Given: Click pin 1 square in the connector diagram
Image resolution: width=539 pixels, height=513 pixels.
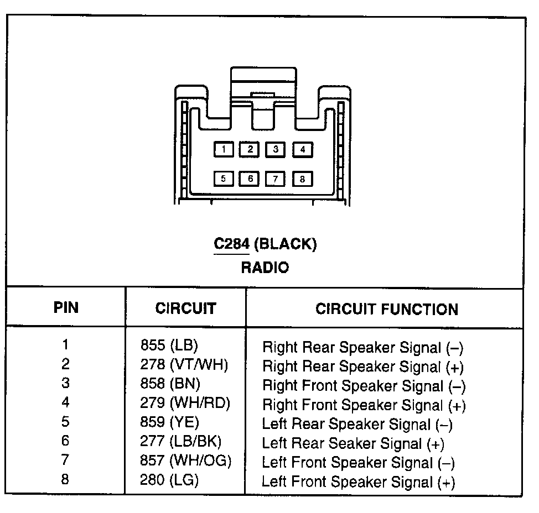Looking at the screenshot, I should point(224,149).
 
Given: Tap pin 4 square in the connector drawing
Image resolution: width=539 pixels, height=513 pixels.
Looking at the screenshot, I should point(303,149).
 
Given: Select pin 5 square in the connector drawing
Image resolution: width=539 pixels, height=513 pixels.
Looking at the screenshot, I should point(224,179).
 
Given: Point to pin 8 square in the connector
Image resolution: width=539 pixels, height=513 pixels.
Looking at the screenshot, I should point(303,179).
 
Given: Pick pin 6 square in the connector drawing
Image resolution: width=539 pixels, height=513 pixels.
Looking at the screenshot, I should point(250,179).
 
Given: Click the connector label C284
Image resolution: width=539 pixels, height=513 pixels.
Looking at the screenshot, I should point(232,244).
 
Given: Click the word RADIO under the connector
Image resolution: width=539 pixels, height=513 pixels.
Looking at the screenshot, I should point(265,268).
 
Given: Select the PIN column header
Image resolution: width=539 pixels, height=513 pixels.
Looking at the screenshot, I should point(66,307).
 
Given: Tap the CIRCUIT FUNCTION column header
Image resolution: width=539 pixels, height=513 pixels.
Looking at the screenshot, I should point(386,309).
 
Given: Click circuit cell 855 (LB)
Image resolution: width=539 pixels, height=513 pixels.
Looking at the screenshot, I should point(169,346).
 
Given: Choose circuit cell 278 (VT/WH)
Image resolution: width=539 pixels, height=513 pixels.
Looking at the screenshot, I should point(184,365).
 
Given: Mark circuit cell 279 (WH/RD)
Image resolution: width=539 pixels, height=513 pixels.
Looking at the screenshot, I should point(185,403).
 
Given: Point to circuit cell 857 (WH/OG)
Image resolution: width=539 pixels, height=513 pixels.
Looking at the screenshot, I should point(186,460).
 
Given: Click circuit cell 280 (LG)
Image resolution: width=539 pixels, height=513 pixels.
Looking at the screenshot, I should point(169,480).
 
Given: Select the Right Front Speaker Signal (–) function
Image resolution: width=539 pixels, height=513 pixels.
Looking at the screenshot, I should point(364,386).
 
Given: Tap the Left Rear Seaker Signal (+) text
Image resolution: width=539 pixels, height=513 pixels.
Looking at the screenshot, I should point(353,443).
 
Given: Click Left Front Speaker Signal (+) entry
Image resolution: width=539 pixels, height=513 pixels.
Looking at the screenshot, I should point(358,482).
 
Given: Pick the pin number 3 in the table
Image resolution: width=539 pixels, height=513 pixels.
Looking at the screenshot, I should point(66,384).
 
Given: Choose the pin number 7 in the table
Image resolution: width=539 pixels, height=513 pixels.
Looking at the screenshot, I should point(66,460).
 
